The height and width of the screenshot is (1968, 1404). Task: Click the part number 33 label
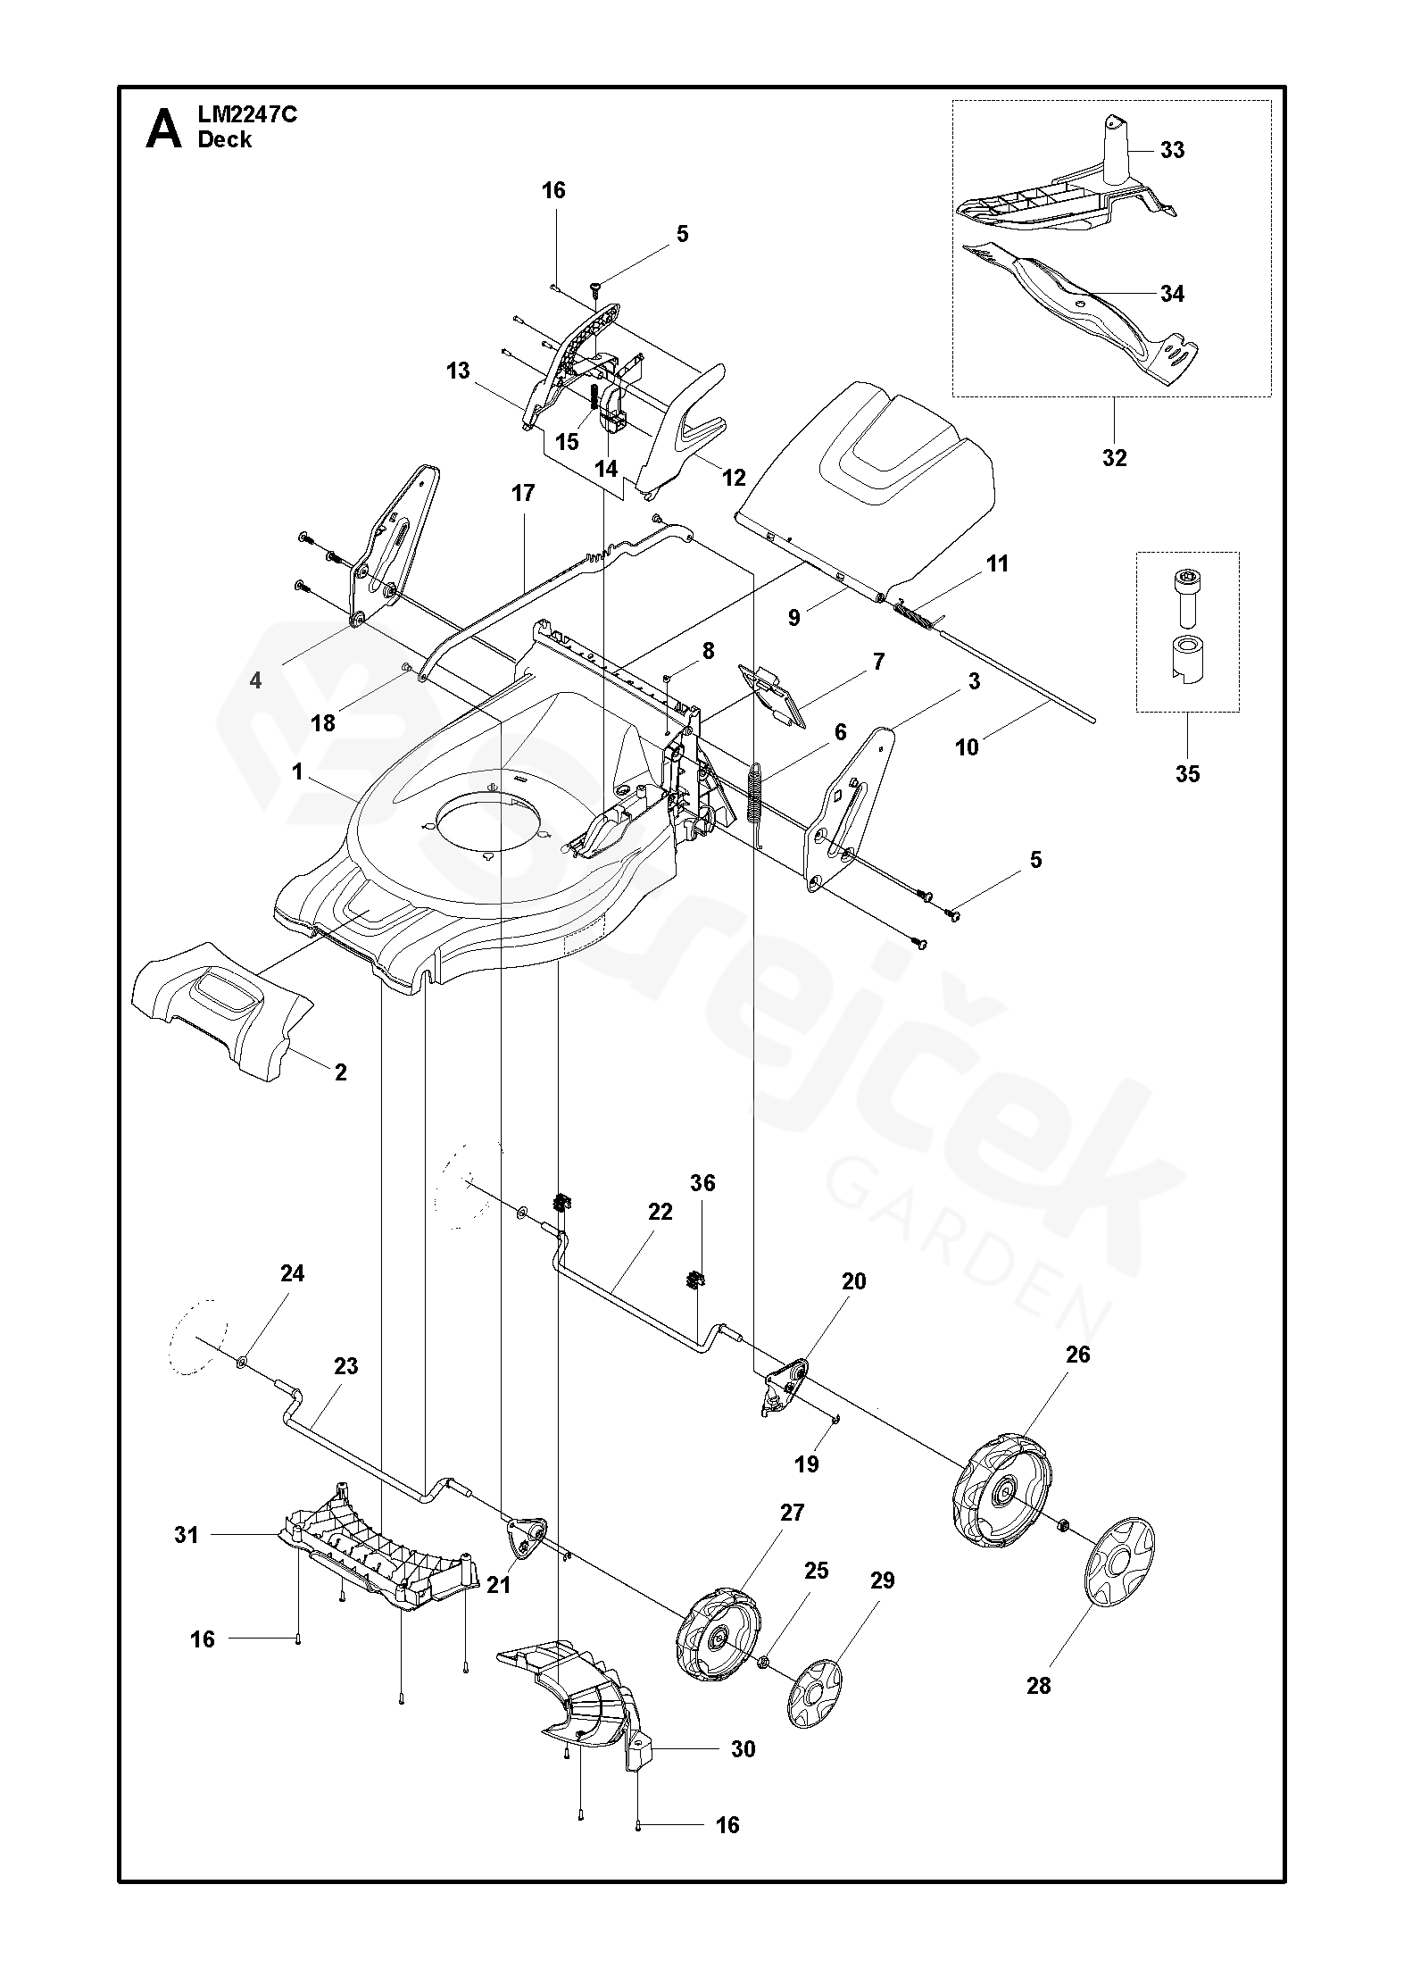point(1172,150)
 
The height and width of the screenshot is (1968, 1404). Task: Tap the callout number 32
point(1114,458)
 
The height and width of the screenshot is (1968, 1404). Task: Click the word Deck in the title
point(225,140)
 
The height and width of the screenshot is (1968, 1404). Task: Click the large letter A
point(164,129)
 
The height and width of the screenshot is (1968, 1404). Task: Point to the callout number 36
point(702,1183)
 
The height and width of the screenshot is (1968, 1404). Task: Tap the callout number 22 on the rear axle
point(660,1213)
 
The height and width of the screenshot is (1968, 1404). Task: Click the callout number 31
point(186,1535)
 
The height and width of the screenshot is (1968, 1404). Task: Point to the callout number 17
point(522,493)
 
